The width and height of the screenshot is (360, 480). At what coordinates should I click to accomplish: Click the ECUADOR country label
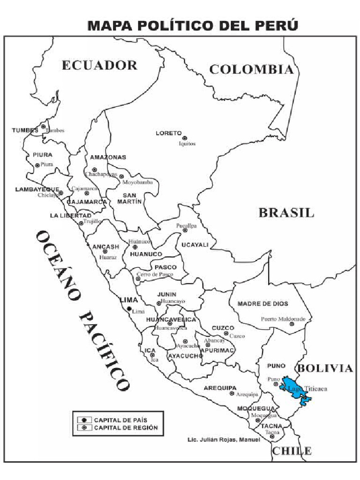click(99, 65)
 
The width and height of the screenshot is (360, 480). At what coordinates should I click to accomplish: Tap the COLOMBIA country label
click(251, 70)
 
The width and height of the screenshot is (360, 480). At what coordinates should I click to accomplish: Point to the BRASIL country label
click(286, 212)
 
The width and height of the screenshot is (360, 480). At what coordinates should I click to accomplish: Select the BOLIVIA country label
click(325, 368)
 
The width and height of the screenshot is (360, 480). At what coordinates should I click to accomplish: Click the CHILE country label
click(292, 451)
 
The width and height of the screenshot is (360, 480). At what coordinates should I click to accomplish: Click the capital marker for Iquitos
click(185, 138)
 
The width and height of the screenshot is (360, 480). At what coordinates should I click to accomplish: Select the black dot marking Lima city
click(129, 308)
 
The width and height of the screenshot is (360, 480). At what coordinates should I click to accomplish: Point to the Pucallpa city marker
click(185, 230)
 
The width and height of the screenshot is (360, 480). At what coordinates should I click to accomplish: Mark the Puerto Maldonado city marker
click(292, 324)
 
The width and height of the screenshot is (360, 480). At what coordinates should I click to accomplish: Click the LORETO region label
click(168, 133)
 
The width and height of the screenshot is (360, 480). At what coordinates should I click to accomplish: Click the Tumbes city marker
click(43, 127)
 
